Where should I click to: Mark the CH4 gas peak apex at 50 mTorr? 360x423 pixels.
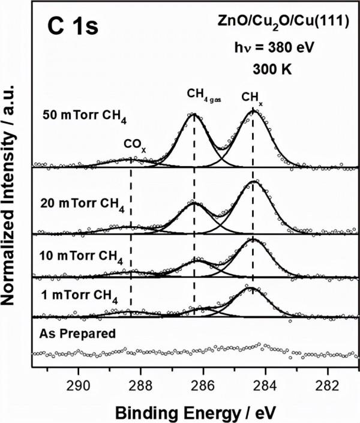pyautogui.click(x=193, y=114)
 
